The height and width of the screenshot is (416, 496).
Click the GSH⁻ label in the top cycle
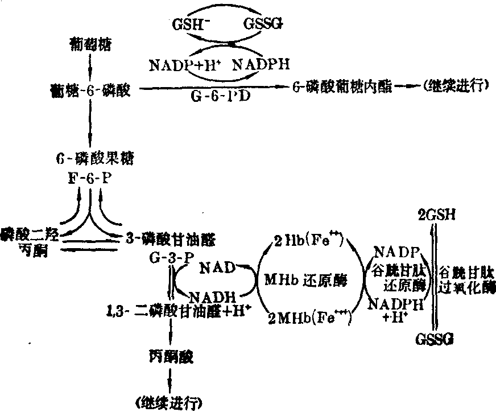coord(187,24)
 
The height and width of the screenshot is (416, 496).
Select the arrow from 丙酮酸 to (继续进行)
coord(169,380)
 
